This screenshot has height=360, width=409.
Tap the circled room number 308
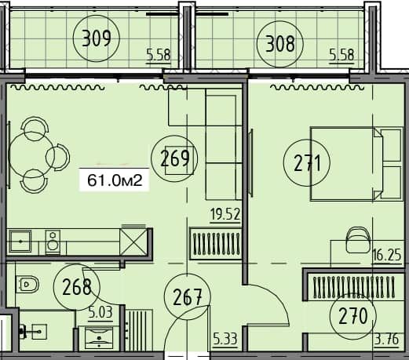tap(279, 44)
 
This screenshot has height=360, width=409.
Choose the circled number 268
tap(77, 288)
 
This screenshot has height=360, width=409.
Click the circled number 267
tap(187, 298)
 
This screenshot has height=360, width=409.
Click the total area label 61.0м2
tap(115, 182)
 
